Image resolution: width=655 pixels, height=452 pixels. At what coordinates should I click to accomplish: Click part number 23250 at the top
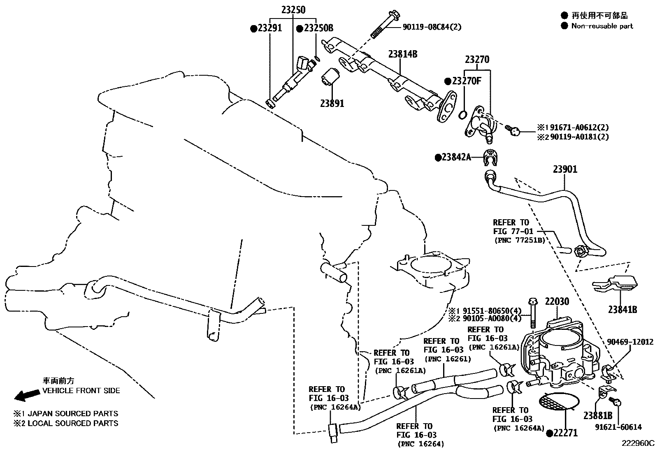(x=293, y=10)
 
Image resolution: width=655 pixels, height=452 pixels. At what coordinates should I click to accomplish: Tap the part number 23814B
(x=402, y=54)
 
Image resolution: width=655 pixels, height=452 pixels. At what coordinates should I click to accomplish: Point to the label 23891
(x=332, y=103)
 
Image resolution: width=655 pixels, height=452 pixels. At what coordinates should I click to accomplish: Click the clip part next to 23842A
(x=489, y=157)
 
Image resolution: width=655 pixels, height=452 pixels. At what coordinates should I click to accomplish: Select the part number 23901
(x=565, y=169)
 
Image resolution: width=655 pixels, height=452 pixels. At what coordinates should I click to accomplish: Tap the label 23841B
(x=622, y=309)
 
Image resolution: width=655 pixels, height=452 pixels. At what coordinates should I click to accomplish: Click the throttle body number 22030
(x=557, y=301)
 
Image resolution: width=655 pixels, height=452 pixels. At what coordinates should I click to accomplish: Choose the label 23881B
(x=597, y=415)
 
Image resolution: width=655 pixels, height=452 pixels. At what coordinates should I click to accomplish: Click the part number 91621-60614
(x=618, y=427)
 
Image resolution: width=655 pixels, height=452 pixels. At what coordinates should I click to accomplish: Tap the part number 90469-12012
(x=630, y=342)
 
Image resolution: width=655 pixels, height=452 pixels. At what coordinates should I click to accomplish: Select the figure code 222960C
(x=637, y=443)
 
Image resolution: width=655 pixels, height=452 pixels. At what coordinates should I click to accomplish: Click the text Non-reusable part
(x=602, y=26)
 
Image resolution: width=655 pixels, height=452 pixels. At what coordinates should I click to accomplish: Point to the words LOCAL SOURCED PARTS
(x=73, y=423)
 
